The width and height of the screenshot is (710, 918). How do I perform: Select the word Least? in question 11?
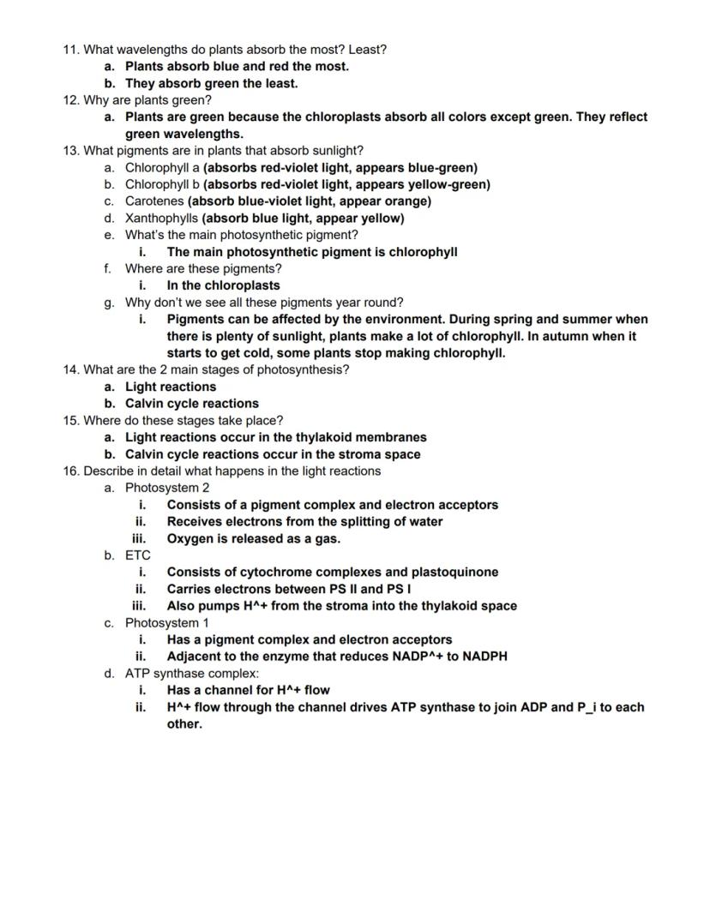tap(367, 50)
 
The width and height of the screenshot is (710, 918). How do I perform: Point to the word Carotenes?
tap(154, 201)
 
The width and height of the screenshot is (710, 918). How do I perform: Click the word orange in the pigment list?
tap(407, 201)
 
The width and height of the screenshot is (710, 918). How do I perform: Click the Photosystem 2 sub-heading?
tap(167, 488)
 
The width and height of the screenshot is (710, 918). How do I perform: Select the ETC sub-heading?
tap(138, 555)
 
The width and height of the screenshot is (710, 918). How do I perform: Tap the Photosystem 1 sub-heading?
tap(166, 622)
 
